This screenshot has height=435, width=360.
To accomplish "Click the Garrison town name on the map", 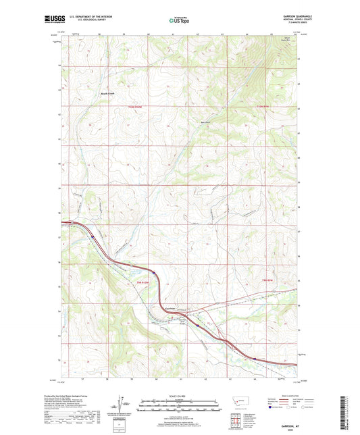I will point(170,309).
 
